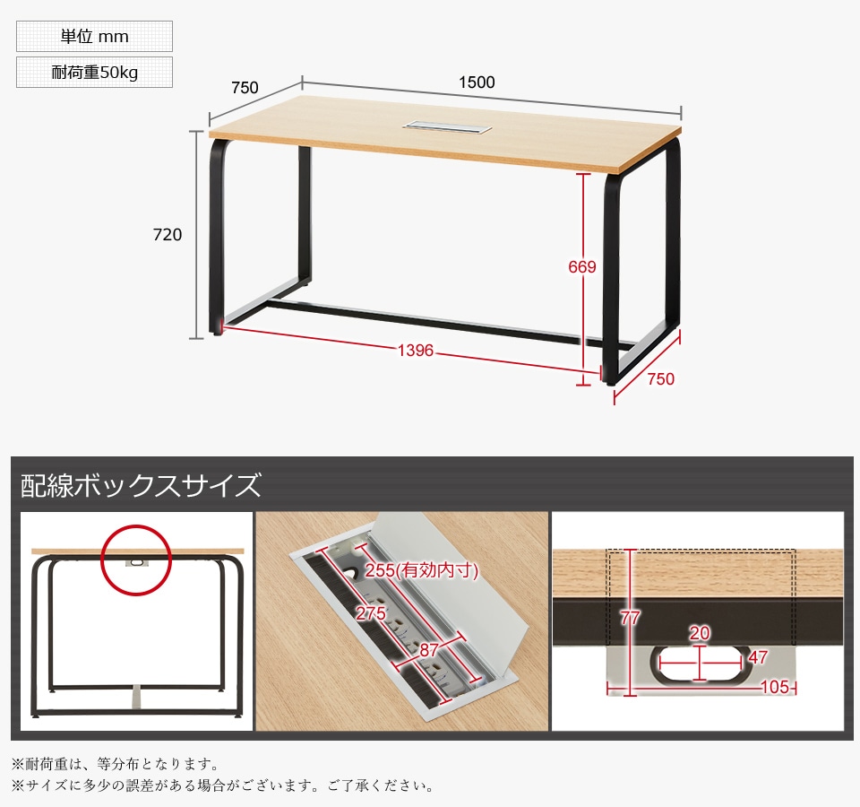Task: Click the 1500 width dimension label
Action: tap(477, 82)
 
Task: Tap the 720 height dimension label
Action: tap(168, 235)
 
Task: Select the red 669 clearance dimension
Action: tap(582, 266)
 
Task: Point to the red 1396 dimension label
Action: tap(416, 351)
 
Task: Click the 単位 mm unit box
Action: tap(94, 37)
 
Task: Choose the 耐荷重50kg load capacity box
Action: tap(94, 73)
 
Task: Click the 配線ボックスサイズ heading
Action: tap(141, 486)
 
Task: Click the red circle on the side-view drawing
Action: tap(135, 560)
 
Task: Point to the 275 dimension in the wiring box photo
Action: tap(371, 613)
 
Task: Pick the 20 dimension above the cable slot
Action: tap(700, 634)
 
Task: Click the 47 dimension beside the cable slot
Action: tap(758, 657)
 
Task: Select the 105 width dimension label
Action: tap(775, 687)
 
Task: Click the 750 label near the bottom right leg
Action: tap(660, 379)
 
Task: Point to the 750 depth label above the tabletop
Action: tap(245, 88)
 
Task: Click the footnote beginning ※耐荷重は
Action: tap(115, 765)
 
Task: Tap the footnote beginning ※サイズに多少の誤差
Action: tap(222, 786)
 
